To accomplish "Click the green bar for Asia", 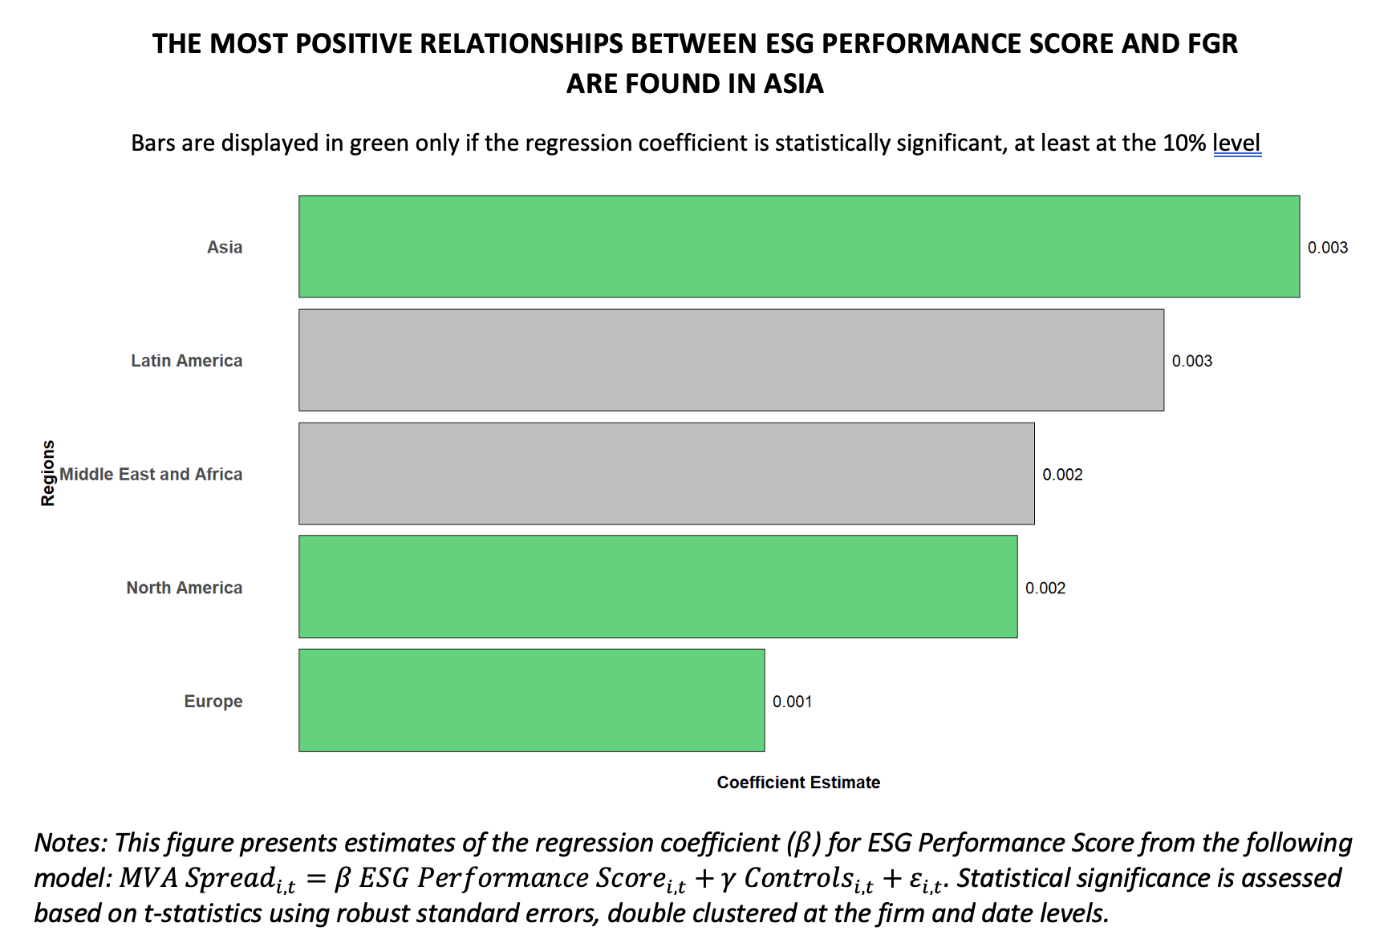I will (x=798, y=246).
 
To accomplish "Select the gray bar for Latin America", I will (x=731, y=360).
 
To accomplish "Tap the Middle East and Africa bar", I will (x=666, y=474).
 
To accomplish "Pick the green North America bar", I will (x=658, y=587).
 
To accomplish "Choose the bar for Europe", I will (x=531, y=700).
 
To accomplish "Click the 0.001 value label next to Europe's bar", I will (x=792, y=702).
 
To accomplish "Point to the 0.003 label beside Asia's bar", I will (x=1327, y=248).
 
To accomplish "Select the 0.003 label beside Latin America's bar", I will (x=1191, y=361).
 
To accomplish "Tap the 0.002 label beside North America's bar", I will (x=1045, y=588).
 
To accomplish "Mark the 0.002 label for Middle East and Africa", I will (x=1062, y=475).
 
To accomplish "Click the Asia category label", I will (x=225, y=247).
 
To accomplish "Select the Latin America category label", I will (x=186, y=361).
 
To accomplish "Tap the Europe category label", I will (x=213, y=701).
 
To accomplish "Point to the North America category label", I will (x=184, y=588).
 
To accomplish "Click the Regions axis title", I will (x=48, y=473).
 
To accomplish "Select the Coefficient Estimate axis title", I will (x=797, y=783).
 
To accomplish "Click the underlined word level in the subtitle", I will (x=1236, y=144).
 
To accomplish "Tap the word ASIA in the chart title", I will (x=793, y=83).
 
